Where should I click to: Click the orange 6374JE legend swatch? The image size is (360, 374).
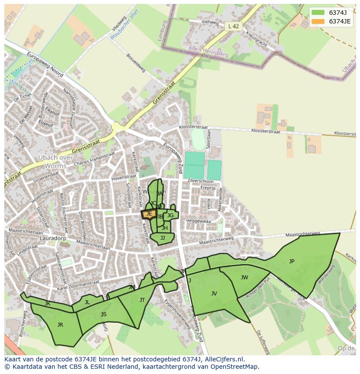[318, 21]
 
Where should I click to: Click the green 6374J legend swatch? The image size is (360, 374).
[318, 13]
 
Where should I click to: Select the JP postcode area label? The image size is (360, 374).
[292, 261]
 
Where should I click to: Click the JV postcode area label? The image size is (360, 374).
[214, 294]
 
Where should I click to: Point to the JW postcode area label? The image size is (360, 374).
[244, 278]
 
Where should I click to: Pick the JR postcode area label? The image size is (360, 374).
[60, 324]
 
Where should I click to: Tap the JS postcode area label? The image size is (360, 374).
[103, 314]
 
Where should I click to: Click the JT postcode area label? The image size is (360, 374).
[142, 300]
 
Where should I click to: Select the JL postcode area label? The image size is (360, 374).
[87, 302]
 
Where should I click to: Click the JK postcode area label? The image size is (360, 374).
[47, 304]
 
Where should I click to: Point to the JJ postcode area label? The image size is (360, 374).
[163, 238]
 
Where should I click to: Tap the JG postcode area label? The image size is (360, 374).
[170, 215]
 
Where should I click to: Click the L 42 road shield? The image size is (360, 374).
[233, 26]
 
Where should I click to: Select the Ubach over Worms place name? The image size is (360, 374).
[55, 162]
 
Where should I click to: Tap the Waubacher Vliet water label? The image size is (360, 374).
[124, 24]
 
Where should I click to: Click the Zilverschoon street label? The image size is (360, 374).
[200, 181]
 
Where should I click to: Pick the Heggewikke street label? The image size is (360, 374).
[198, 221]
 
